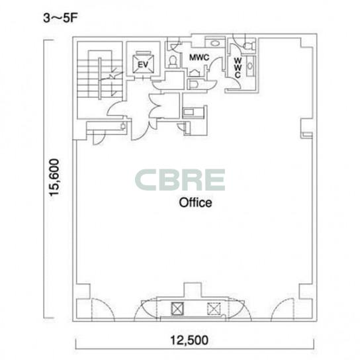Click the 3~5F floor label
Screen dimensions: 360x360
(60, 18)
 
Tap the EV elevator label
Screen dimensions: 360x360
(143, 64)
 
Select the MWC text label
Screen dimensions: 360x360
(199, 57)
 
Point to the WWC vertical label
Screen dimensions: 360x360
(238, 67)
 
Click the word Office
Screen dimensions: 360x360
(195, 202)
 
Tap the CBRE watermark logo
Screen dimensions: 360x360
(180, 180)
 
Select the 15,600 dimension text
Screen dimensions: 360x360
(55, 177)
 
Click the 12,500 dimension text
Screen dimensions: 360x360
(189, 340)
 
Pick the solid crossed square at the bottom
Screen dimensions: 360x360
(177, 308)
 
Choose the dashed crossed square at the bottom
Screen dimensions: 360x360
(214, 308)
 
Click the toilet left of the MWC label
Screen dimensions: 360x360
(173, 61)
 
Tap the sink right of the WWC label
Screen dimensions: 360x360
(250, 66)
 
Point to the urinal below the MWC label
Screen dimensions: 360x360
(195, 73)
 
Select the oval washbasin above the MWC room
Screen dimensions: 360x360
(215, 43)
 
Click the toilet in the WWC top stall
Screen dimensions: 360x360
(249, 46)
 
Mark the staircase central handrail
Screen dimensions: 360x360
(100, 79)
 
